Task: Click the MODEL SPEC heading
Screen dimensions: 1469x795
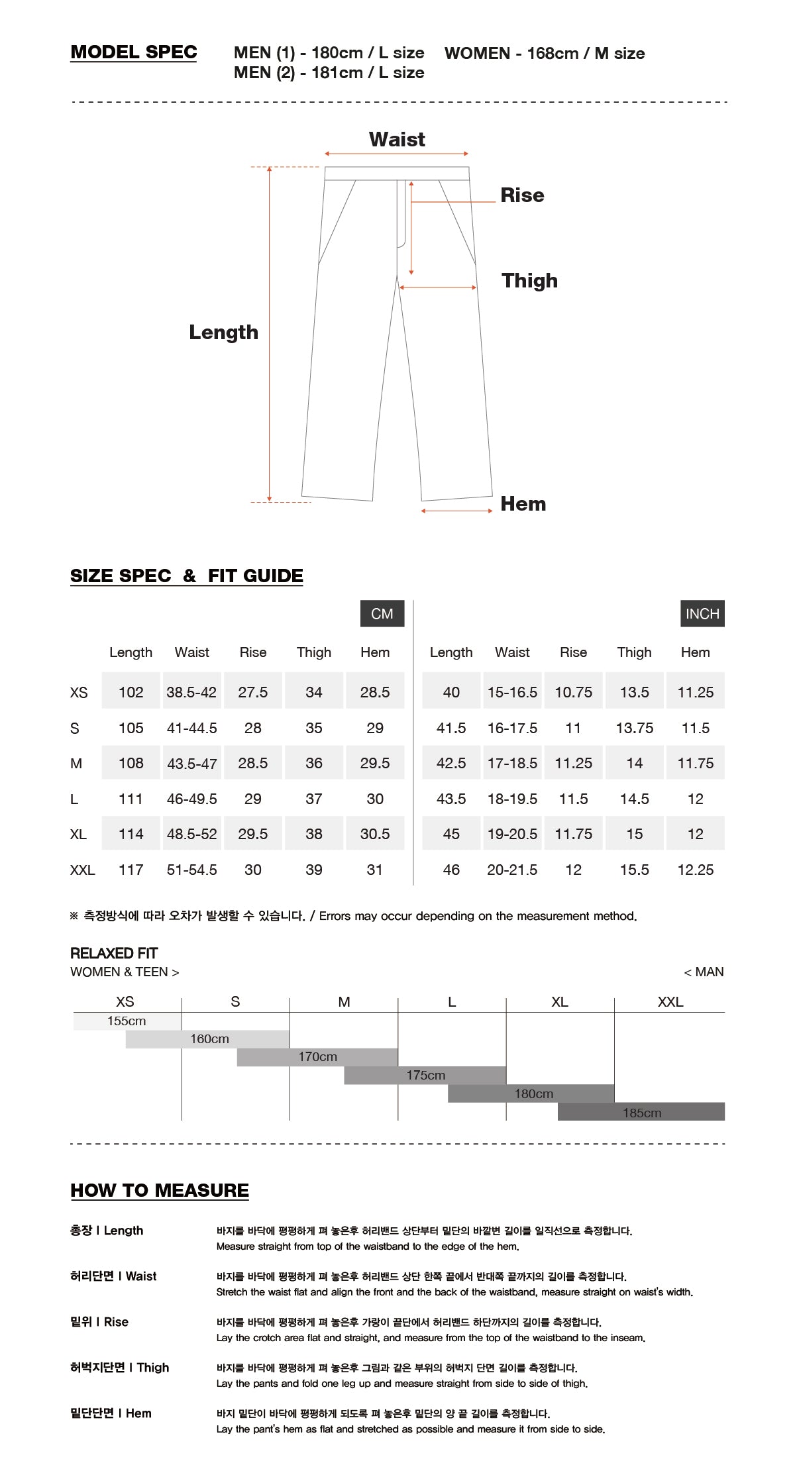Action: (134, 52)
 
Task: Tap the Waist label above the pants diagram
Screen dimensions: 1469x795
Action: (397, 140)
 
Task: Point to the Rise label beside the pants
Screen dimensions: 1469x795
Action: (522, 195)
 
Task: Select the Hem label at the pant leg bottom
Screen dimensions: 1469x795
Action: (523, 504)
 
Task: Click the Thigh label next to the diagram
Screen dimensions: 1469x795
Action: (529, 281)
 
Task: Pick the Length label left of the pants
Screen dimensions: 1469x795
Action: (223, 332)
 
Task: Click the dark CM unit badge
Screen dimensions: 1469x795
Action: (382, 614)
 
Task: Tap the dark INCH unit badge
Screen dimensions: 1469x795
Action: (702, 614)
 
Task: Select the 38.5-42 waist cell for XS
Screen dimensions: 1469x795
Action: (191, 692)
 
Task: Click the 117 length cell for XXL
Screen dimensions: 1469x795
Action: (131, 870)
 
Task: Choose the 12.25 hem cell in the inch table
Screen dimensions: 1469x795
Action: (695, 870)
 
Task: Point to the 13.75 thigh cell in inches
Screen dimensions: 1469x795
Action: (634, 728)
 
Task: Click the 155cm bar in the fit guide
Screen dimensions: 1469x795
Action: (127, 1021)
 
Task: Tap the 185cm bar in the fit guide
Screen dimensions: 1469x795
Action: (641, 1113)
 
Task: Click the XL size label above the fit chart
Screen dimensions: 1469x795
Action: (559, 1002)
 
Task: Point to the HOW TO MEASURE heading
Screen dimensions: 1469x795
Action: (160, 1190)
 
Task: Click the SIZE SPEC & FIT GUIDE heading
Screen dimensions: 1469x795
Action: (186, 576)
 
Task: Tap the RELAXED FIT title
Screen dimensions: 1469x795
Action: (114, 953)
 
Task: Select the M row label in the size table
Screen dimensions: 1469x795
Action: (76, 764)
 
